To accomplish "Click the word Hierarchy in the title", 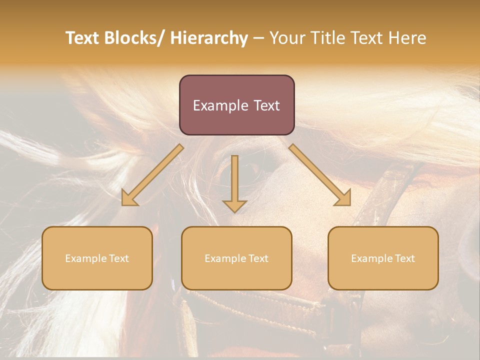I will click(209, 38).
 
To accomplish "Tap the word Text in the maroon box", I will click(266, 106).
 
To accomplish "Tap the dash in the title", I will click(258, 38).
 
